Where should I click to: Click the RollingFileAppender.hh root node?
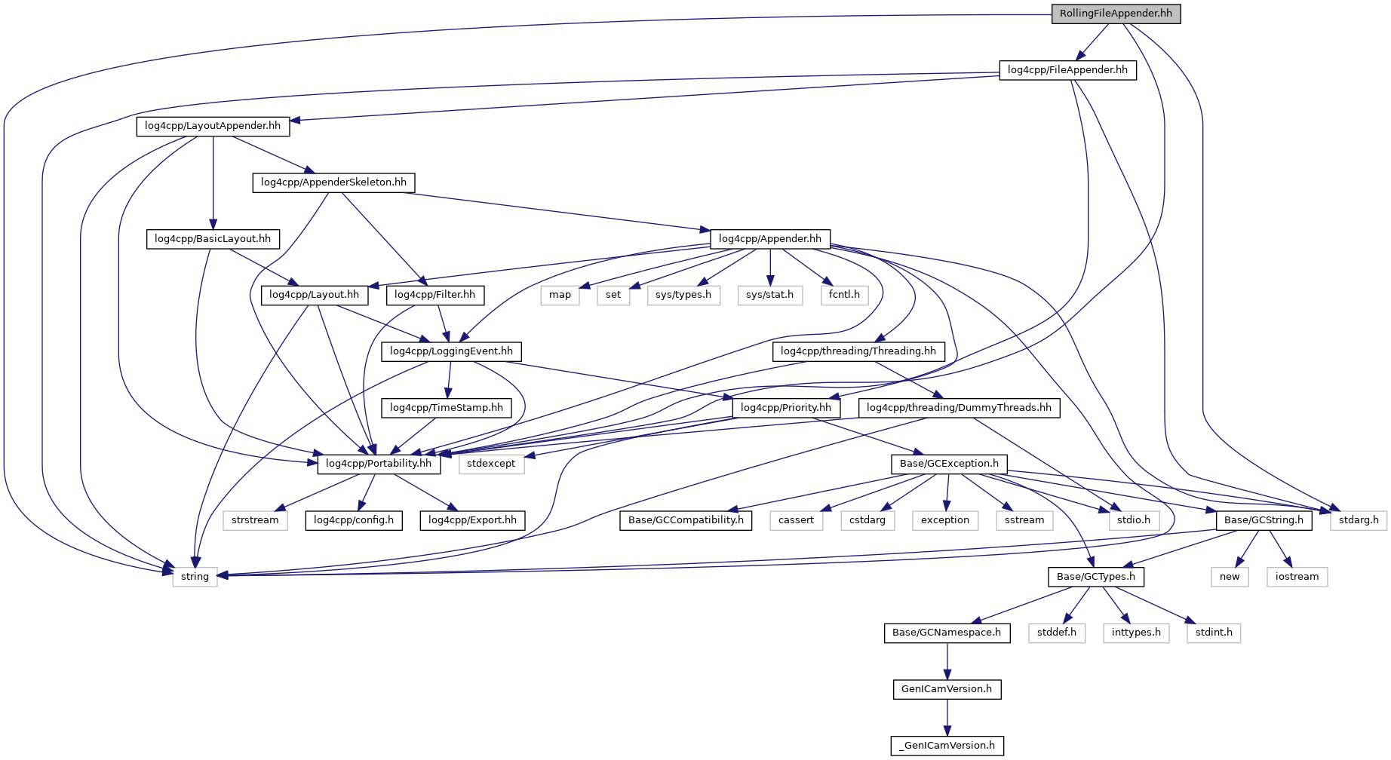point(1115,14)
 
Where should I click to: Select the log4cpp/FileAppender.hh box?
point(1067,70)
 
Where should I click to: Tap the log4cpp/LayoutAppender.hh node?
point(213,126)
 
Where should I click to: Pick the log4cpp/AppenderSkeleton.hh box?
point(333,182)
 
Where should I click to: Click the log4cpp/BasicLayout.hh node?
point(213,239)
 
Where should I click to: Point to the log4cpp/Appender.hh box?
point(769,239)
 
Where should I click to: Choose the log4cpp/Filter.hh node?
point(434,295)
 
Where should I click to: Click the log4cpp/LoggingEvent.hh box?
point(451,351)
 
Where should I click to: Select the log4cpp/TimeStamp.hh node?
point(446,408)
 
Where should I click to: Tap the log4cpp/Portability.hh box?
point(379,464)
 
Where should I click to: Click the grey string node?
point(195,577)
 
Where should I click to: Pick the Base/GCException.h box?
point(949,464)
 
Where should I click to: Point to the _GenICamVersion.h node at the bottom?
point(947,746)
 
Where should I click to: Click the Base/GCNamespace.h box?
point(946,633)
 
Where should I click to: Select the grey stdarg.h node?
point(1358,520)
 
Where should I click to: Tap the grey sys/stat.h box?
point(769,295)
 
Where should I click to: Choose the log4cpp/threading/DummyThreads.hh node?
point(959,408)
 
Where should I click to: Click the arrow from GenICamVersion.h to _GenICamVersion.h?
point(947,717)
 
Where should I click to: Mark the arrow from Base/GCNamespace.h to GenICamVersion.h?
point(947,660)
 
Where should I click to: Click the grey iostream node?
point(1297,577)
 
